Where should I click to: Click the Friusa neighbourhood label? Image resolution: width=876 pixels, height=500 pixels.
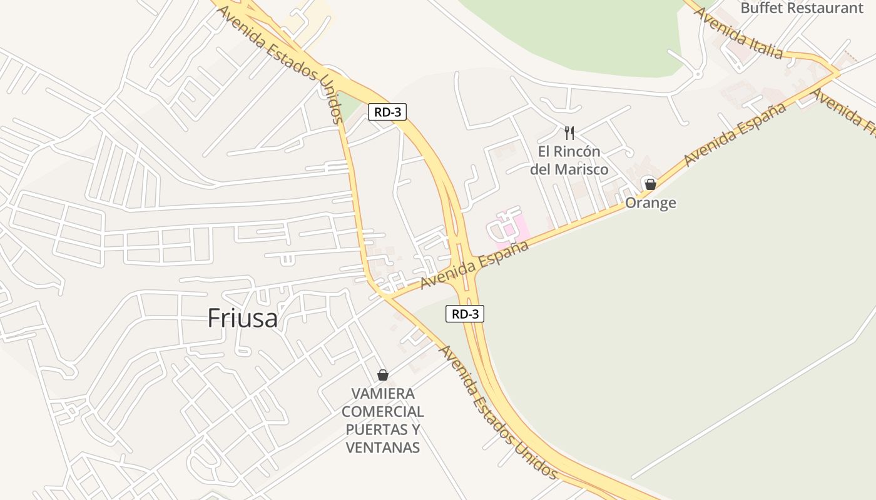click(x=242, y=318)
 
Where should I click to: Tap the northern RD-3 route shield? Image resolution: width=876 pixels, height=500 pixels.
click(x=387, y=112)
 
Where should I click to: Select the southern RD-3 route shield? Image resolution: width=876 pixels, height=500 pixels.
click(x=465, y=314)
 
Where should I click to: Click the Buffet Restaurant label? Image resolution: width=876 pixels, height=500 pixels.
click(x=802, y=8)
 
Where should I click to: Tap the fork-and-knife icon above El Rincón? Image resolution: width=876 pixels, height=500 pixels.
click(x=569, y=132)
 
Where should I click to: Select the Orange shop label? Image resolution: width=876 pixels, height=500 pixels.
click(x=651, y=203)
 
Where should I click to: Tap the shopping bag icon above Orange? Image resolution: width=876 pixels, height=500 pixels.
click(x=651, y=184)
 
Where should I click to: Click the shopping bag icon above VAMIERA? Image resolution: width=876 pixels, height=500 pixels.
click(x=383, y=375)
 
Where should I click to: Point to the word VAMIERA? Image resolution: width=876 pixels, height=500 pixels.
click(x=383, y=394)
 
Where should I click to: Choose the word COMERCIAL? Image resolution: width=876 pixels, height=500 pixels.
click(x=383, y=412)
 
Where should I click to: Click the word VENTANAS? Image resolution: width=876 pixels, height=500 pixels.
click(x=383, y=447)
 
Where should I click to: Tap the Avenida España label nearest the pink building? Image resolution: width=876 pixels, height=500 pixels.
click(x=474, y=265)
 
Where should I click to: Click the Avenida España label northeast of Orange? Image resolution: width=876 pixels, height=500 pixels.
click(x=735, y=134)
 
